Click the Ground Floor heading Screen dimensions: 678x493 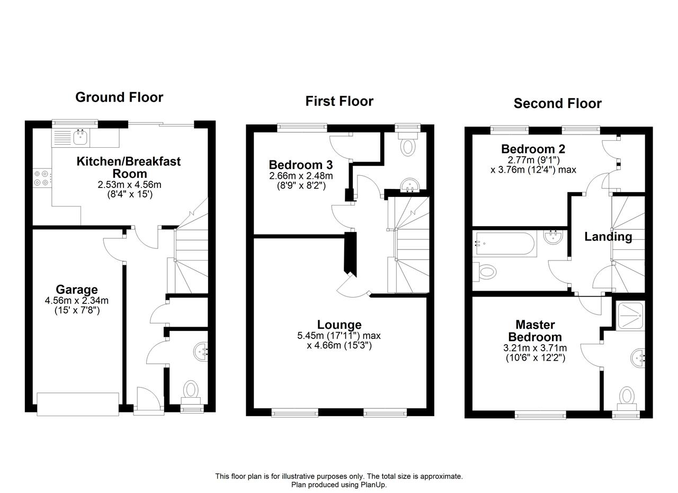click(119, 97)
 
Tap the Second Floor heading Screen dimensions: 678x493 click(558, 103)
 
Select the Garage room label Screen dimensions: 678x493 click(77, 290)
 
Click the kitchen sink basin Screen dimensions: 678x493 click(81, 138)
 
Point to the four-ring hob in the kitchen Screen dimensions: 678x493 click(42, 178)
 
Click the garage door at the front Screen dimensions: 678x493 click(78, 404)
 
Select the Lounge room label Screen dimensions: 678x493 click(340, 325)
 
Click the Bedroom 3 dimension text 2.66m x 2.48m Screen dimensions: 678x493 click(301, 175)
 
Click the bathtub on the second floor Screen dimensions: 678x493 click(505, 244)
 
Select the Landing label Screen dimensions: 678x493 click(608, 237)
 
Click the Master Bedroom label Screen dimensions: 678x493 click(535, 331)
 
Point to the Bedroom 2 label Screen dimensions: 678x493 click(533, 149)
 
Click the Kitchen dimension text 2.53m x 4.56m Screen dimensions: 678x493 click(129, 185)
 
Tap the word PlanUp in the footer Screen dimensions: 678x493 click(373, 485)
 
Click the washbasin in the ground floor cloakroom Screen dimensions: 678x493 click(201, 352)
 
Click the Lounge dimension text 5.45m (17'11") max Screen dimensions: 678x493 click(339, 335)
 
